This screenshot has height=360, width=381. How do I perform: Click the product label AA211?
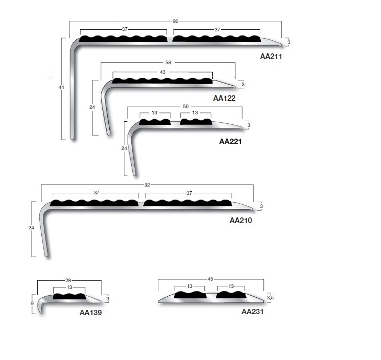pyautogui.click(x=271, y=56)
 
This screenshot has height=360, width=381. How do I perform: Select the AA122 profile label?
pyautogui.click(x=224, y=98)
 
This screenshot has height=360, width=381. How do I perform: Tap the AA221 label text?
pyautogui.click(x=230, y=142)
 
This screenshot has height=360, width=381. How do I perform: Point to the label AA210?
pyautogui.click(x=241, y=220)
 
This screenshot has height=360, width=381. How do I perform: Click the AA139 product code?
pyautogui.click(x=90, y=312)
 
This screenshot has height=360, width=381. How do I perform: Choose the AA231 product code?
pyautogui.click(x=252, y=311)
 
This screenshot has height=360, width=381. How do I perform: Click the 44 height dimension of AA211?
pyautogui.click(x=61, y=87)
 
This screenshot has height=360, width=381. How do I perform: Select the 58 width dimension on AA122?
pyautogui.click(x=168, y=63)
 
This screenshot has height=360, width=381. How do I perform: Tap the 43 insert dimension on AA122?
pyautogui.click(x=163, y=72)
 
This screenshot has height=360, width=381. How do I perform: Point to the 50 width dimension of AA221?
pyautogui.click(x=186, y=107)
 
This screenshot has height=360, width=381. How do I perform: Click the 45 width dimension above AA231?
pyautogui.click(x=211, y=279)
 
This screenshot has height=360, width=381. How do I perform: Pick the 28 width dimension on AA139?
pyautogui.click(x=68, y=281)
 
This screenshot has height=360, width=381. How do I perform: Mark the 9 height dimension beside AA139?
pyautogui.click(x=32, y=304)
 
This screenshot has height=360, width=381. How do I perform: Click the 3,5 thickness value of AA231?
pyautogui.click(x=270, y=298)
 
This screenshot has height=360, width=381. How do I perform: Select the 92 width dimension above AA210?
pyautogui.click(x=147, y=185)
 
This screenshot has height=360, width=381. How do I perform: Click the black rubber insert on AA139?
pyautogui.click(x=70, y=296)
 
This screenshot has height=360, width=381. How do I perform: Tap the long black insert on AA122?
pyautogui.click(x=162, y=80)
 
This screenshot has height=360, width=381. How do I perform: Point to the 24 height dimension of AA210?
pyautogui.click(x=31, y=228)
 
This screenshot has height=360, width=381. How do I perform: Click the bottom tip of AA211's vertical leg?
pyautogui.click(x=72, y=139)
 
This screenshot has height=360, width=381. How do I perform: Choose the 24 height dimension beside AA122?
pyautogui.click(x=92, y=107)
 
